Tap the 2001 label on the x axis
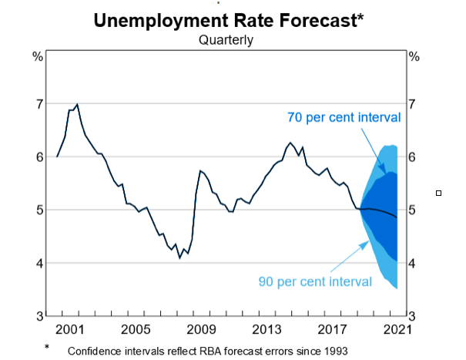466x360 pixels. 69,330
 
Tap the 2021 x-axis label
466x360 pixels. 397,330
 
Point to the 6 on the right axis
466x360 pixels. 414,156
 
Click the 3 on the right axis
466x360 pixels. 414,316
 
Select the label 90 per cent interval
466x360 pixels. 314,281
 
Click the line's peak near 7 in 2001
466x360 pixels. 77,103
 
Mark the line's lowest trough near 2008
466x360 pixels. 179,257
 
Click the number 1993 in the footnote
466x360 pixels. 334,351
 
